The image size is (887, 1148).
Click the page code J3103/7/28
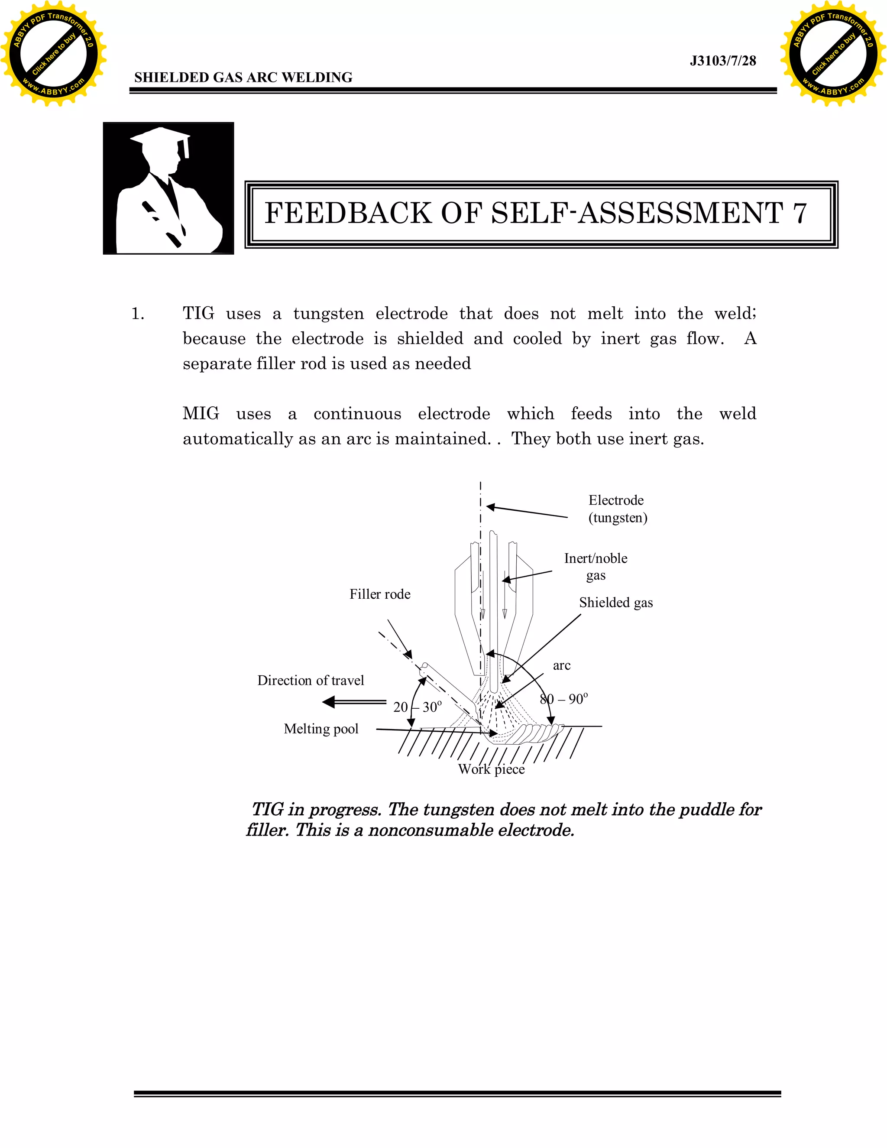[x=722, y=61]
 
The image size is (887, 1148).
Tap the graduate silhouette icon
[x=168, y=188]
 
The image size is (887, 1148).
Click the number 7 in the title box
[x=799, y=214]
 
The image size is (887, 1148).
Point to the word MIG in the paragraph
[x=201, y=414]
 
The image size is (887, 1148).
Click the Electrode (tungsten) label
[x=618, y=509]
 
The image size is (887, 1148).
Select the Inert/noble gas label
[x=596, y=566]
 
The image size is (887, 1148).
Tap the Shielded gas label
[x=616, y=603]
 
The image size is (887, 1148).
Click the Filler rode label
[x=380, y=594]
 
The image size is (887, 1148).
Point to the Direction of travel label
[x=311, y=680]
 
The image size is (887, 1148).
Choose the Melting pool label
[x=321, y=729]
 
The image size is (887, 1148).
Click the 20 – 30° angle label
[x=418, y=707]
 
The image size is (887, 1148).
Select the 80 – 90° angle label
[x=564, y=699]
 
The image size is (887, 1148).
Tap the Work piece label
[x=491, y=769]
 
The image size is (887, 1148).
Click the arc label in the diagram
[x=562, y=665]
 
